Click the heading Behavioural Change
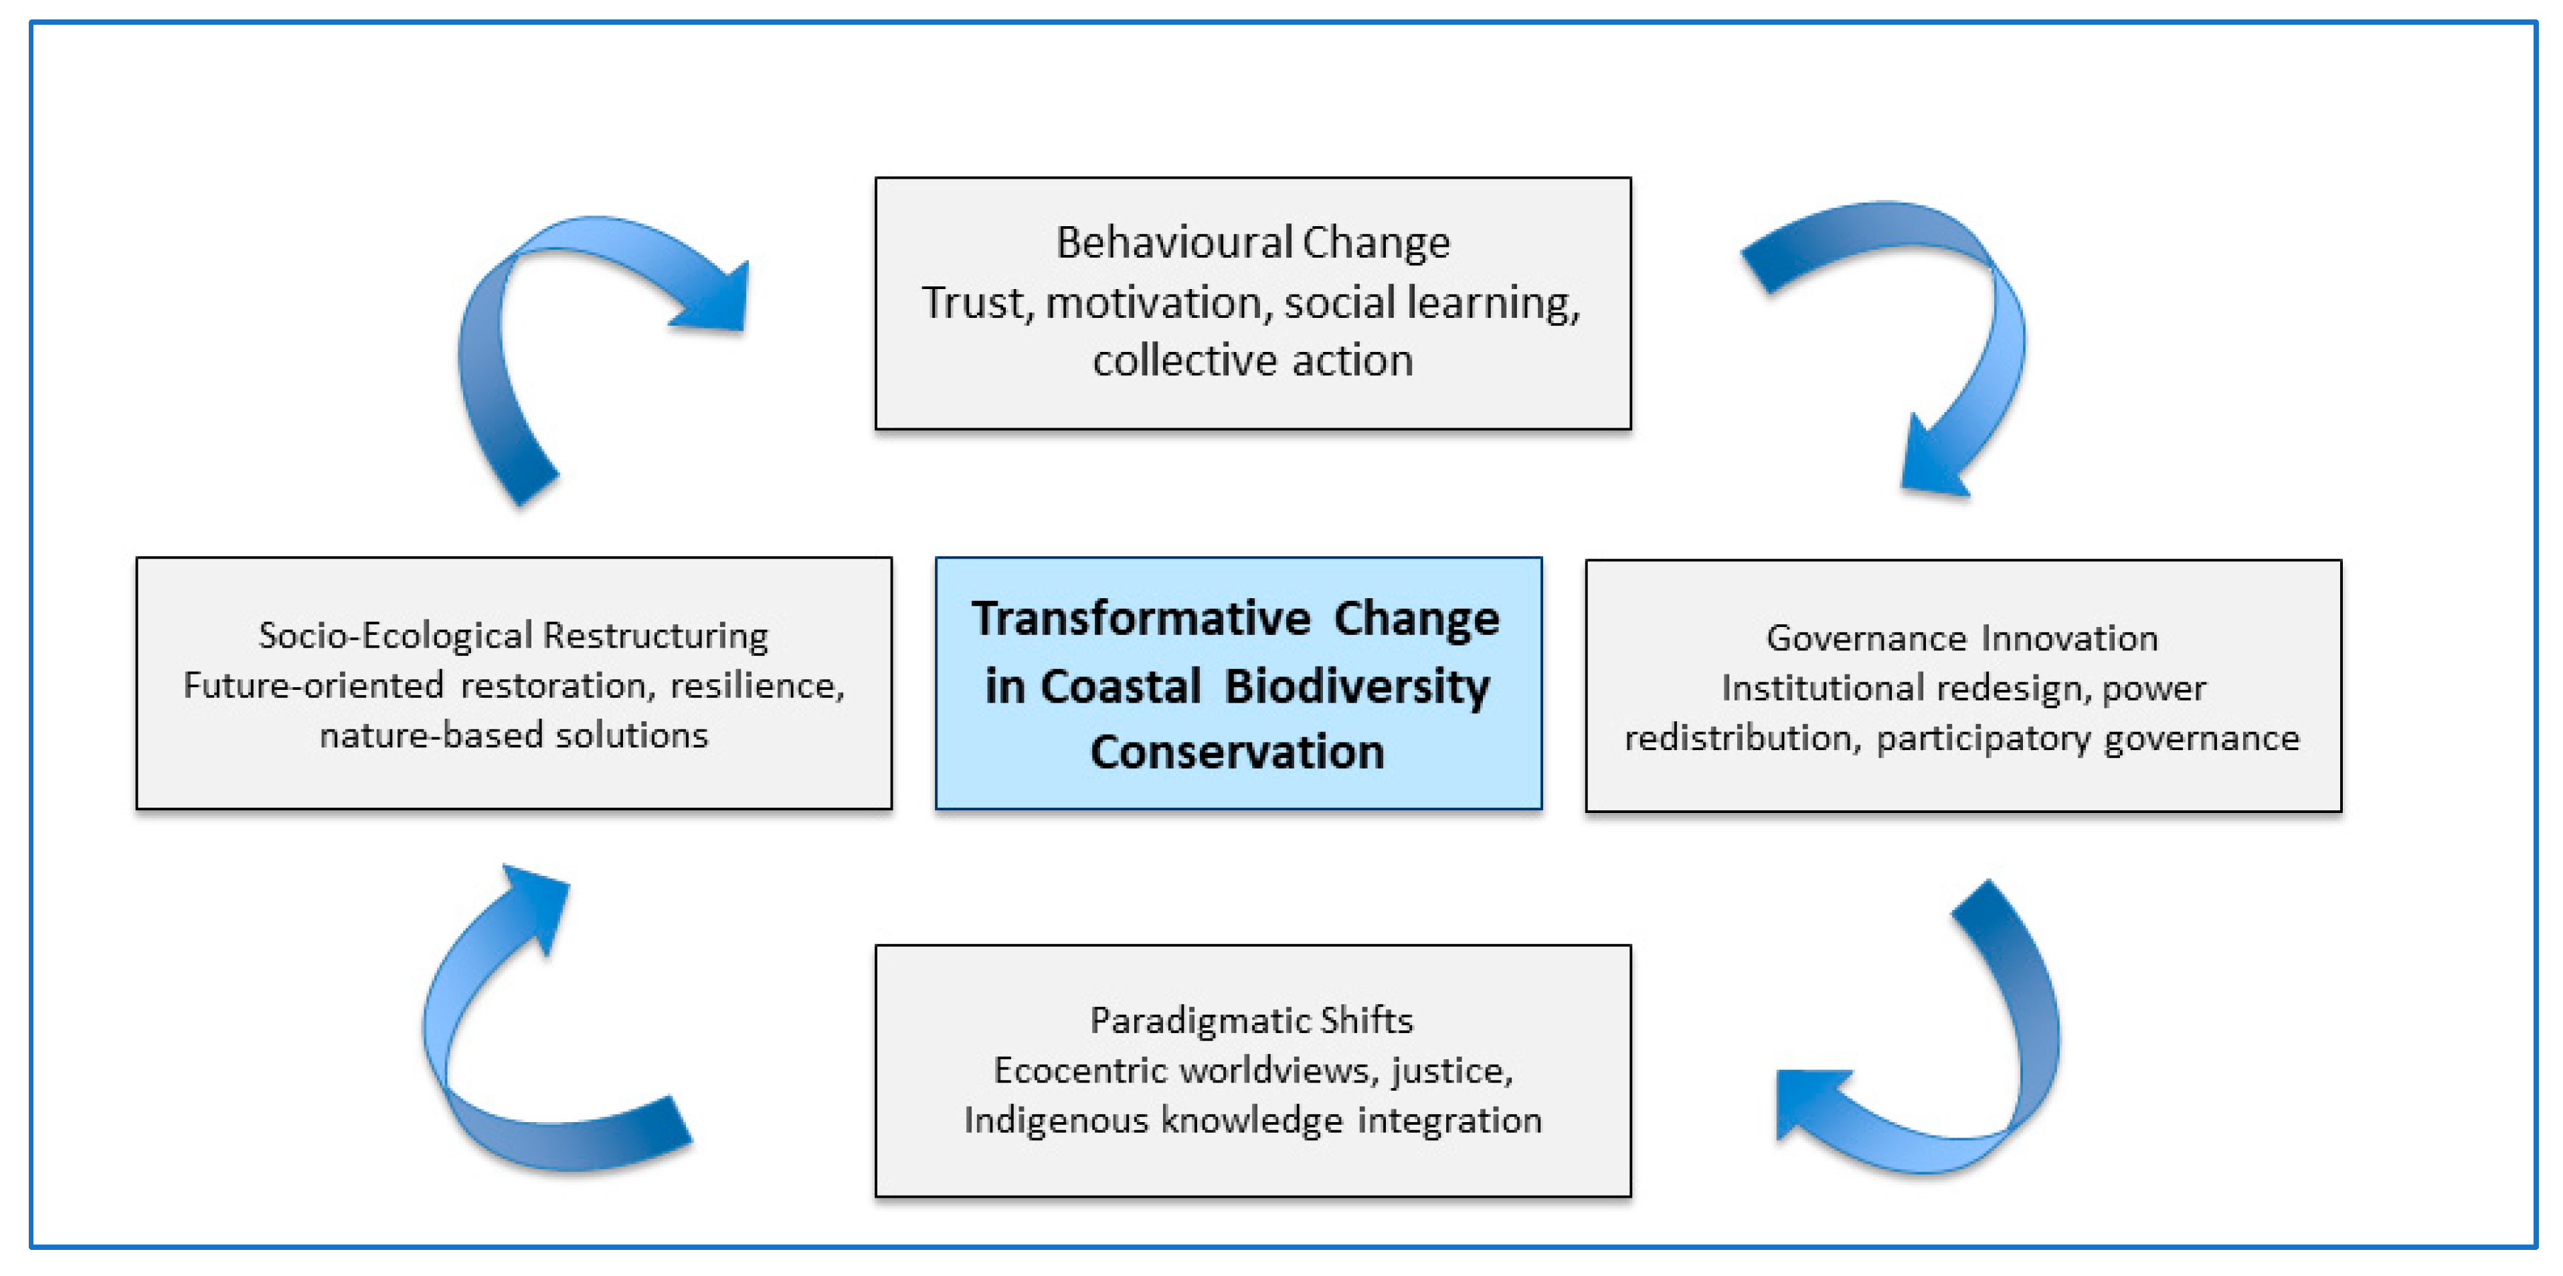coord(1253,243)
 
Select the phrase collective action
coord(1253,360)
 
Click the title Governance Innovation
coord(1962,638)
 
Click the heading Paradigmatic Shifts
coord(1251,1020)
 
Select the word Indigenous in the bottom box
coord(1055,1121)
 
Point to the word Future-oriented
coord(313,685)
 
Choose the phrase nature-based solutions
coord(513,735)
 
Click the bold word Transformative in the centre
coord(1141,619)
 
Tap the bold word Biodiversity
coord(1357,687)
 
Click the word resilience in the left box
coord(757,685)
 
